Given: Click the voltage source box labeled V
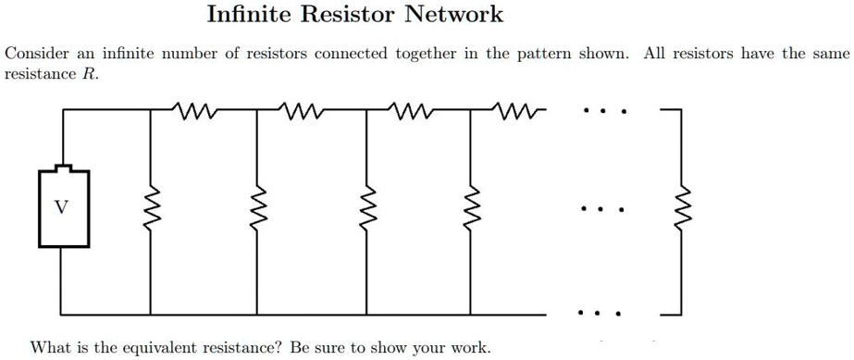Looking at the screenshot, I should tap(63, 207).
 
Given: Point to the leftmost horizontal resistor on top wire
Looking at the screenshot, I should tap(196, 112).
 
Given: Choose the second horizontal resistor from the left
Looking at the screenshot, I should tap(302, 112).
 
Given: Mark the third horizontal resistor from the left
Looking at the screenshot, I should tap(408, 112).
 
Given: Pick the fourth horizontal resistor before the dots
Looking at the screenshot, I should tap(514, 112).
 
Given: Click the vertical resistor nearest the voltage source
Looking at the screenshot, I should tap(151, 209).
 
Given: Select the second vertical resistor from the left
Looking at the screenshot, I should tap(257, 209).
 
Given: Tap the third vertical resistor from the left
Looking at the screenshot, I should tap(365, 209).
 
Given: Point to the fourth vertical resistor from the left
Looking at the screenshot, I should tap(469, 209).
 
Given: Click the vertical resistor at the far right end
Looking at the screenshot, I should tap(684, 209).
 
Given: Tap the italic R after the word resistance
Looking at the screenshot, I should tap(89, 73).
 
